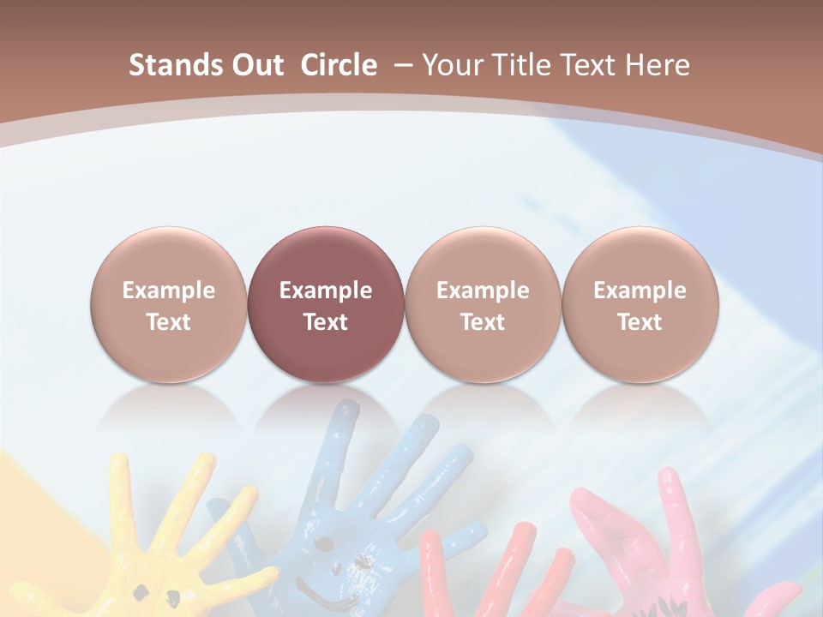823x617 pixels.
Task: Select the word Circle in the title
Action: click(x=339, y=65)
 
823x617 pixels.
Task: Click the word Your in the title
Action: click(x=449, y=65)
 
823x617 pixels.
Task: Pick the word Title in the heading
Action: click(x=514, y=65)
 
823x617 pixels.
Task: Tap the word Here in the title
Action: click(x=657, y=65)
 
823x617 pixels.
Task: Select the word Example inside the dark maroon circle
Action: click(x=326, y=291)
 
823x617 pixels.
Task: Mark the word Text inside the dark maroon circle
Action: click(x=326, y=322)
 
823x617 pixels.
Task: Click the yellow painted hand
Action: click(x=163, y=557)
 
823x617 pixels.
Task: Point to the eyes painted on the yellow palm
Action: click(x=141, y=591)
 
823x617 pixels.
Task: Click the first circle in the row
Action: click(x=169, y=304)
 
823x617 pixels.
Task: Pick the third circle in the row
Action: click(x=483, y=304)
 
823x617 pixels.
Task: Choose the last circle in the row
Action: click(x=640, y=304)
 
